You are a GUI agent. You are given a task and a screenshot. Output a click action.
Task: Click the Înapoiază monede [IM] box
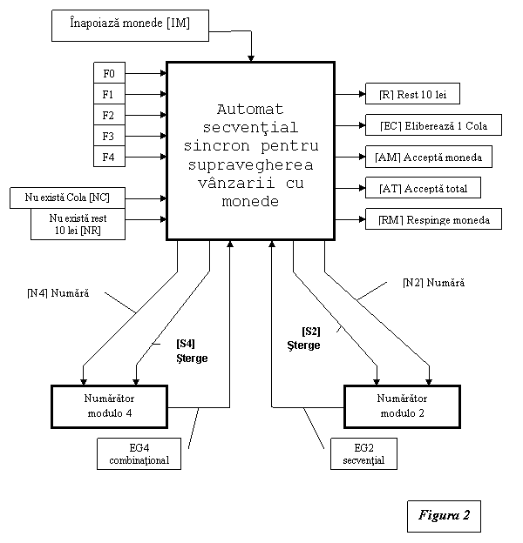130,25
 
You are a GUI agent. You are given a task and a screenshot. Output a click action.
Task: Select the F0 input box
109,73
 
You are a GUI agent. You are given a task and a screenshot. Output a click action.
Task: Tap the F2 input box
109,115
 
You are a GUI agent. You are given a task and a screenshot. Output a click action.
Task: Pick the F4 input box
109,157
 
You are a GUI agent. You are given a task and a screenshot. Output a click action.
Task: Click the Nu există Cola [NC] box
67,198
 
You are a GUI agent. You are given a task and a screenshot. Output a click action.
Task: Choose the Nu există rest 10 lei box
78,224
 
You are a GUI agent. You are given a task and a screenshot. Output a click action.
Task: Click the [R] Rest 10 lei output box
412,93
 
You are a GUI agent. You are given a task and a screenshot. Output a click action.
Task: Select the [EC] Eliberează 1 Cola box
433,125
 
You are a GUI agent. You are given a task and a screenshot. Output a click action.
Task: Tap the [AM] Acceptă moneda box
429,157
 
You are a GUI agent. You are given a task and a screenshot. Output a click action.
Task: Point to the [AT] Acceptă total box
423,188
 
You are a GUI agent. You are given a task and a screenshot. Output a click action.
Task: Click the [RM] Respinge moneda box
433,219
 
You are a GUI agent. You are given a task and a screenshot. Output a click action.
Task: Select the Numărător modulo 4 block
109,407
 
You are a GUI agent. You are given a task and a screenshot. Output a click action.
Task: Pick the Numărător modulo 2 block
403,407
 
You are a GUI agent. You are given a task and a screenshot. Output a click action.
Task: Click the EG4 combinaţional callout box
139,453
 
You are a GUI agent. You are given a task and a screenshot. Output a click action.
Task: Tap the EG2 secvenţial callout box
363,453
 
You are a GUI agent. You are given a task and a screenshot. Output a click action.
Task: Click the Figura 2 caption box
444,516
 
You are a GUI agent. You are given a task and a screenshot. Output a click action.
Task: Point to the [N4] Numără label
58,293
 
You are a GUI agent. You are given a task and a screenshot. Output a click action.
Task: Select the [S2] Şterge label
304,339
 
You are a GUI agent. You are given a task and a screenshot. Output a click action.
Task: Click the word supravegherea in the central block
250,164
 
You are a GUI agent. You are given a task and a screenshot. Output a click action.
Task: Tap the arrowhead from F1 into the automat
163,94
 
